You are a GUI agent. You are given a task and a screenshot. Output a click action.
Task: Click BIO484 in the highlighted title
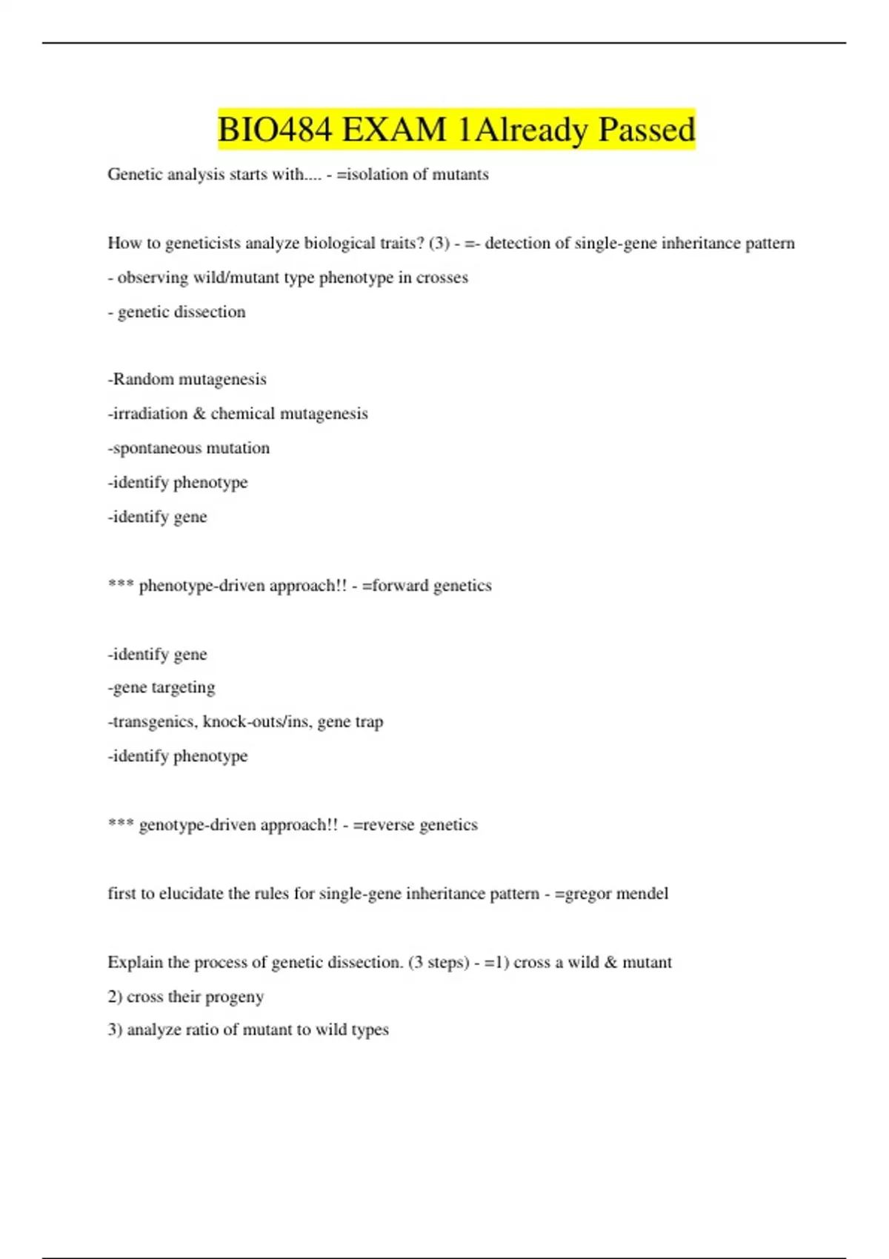click(x=274, y=130)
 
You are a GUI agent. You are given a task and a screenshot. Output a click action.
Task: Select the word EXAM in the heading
click(x=394, y=130)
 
